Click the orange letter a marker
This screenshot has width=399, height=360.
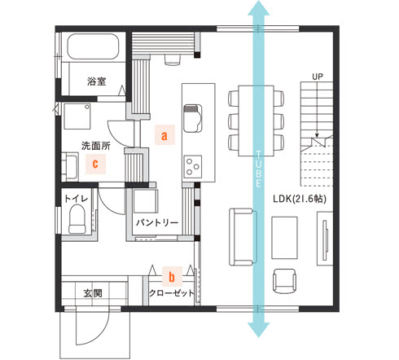164,134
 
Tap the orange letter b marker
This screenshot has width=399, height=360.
172,277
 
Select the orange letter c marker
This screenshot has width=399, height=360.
95,164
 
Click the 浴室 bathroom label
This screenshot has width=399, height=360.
97,81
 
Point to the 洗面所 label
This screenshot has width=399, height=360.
96,146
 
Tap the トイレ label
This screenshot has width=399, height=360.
77,199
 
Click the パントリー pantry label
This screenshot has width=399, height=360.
157,222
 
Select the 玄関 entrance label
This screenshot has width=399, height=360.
93,293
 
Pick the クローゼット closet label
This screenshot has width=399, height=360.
172,293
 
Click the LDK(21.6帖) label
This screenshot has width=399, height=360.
300,199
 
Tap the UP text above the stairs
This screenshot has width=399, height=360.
318,77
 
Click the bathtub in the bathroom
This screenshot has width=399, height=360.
93,46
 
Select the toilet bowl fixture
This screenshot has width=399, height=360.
77,219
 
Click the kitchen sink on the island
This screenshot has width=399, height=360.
193,118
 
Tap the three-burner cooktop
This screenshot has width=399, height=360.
193,167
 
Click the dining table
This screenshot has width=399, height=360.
256,121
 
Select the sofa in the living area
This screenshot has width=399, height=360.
243,237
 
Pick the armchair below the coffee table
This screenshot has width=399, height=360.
284,282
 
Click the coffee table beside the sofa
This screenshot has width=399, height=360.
284,238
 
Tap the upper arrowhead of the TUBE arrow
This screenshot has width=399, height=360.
259,7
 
